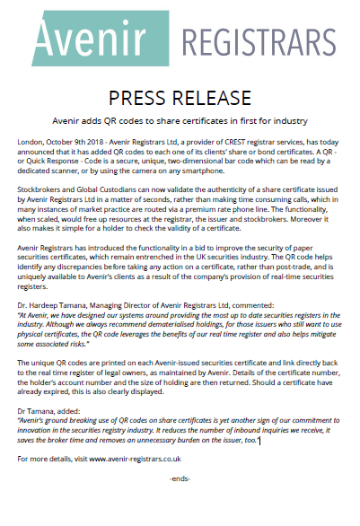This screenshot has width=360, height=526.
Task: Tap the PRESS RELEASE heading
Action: point(180,97)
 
